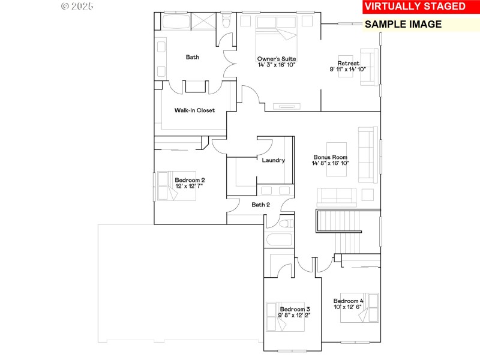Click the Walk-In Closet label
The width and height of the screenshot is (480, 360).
[194, 110]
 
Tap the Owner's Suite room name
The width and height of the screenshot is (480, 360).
[277, 59]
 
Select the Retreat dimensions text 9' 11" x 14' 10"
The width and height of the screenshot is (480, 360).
[347, 70]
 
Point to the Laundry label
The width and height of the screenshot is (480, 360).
[273, 160]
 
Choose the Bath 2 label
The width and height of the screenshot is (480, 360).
[260, 205]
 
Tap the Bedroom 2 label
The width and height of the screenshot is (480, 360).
[190, 180]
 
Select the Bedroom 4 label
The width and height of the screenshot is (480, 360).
[348, 301]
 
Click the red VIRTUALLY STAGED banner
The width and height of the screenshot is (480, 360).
[415, 7]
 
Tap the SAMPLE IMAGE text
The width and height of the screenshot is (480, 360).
[403, 25]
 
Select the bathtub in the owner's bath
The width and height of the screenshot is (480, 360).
[175, 22]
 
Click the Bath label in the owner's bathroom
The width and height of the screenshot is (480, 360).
[192, 58]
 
